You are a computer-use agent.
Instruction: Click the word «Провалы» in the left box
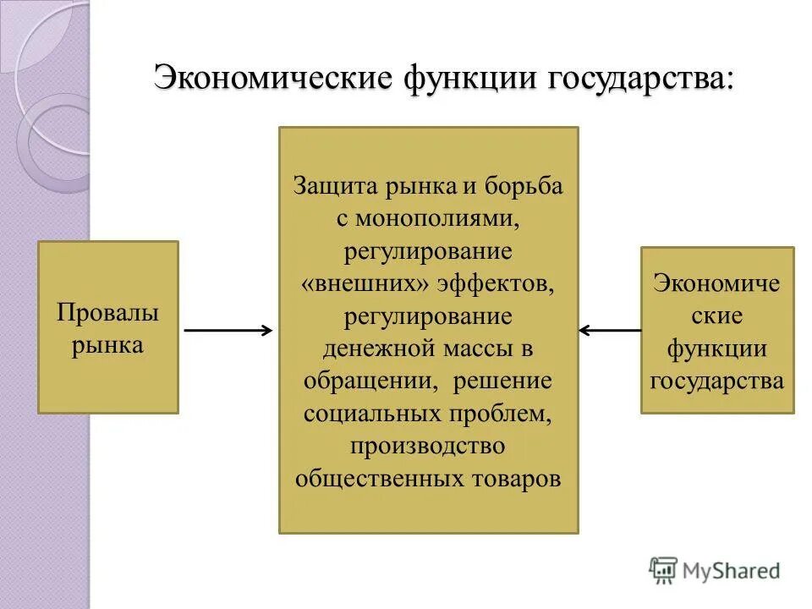pyautogui.click(x=108, y=313)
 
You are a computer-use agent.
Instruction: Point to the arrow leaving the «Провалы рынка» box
pyautogui.click(x=228, y=331)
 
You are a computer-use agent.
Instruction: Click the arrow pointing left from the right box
pyautogui.click(x=609, y=331)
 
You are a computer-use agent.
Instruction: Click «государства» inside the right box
pyautogui.click(x=717, y=380)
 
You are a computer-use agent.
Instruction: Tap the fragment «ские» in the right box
pyautogui.click(x=717, y=315)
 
